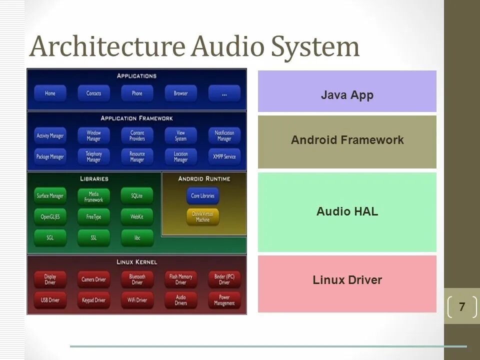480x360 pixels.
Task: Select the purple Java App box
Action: [347, 91]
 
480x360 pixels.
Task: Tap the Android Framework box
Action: [347, 142]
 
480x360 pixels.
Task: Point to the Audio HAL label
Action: [347, 211]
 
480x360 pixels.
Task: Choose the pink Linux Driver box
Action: [347, 283]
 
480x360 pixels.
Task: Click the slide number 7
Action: [461, 306]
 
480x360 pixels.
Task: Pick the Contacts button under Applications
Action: [93, 93]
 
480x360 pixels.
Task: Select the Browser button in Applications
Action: [180, 93]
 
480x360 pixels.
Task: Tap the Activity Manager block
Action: [50, 135]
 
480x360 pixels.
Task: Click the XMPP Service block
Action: [224, 156]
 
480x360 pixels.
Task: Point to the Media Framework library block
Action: [93, 196]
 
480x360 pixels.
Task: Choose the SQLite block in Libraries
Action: [137, 196]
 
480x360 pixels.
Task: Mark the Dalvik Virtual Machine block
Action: [202, 216]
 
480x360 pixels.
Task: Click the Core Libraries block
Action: [202, 196]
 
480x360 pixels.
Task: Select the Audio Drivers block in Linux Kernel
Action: [180, 300]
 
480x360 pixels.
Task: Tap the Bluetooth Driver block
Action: [137, 279]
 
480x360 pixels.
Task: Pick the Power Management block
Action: [224, 300]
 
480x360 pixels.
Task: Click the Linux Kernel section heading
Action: [136, 262]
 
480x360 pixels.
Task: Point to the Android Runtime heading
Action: [203, 178]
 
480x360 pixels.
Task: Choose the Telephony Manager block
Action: [93, 156]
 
